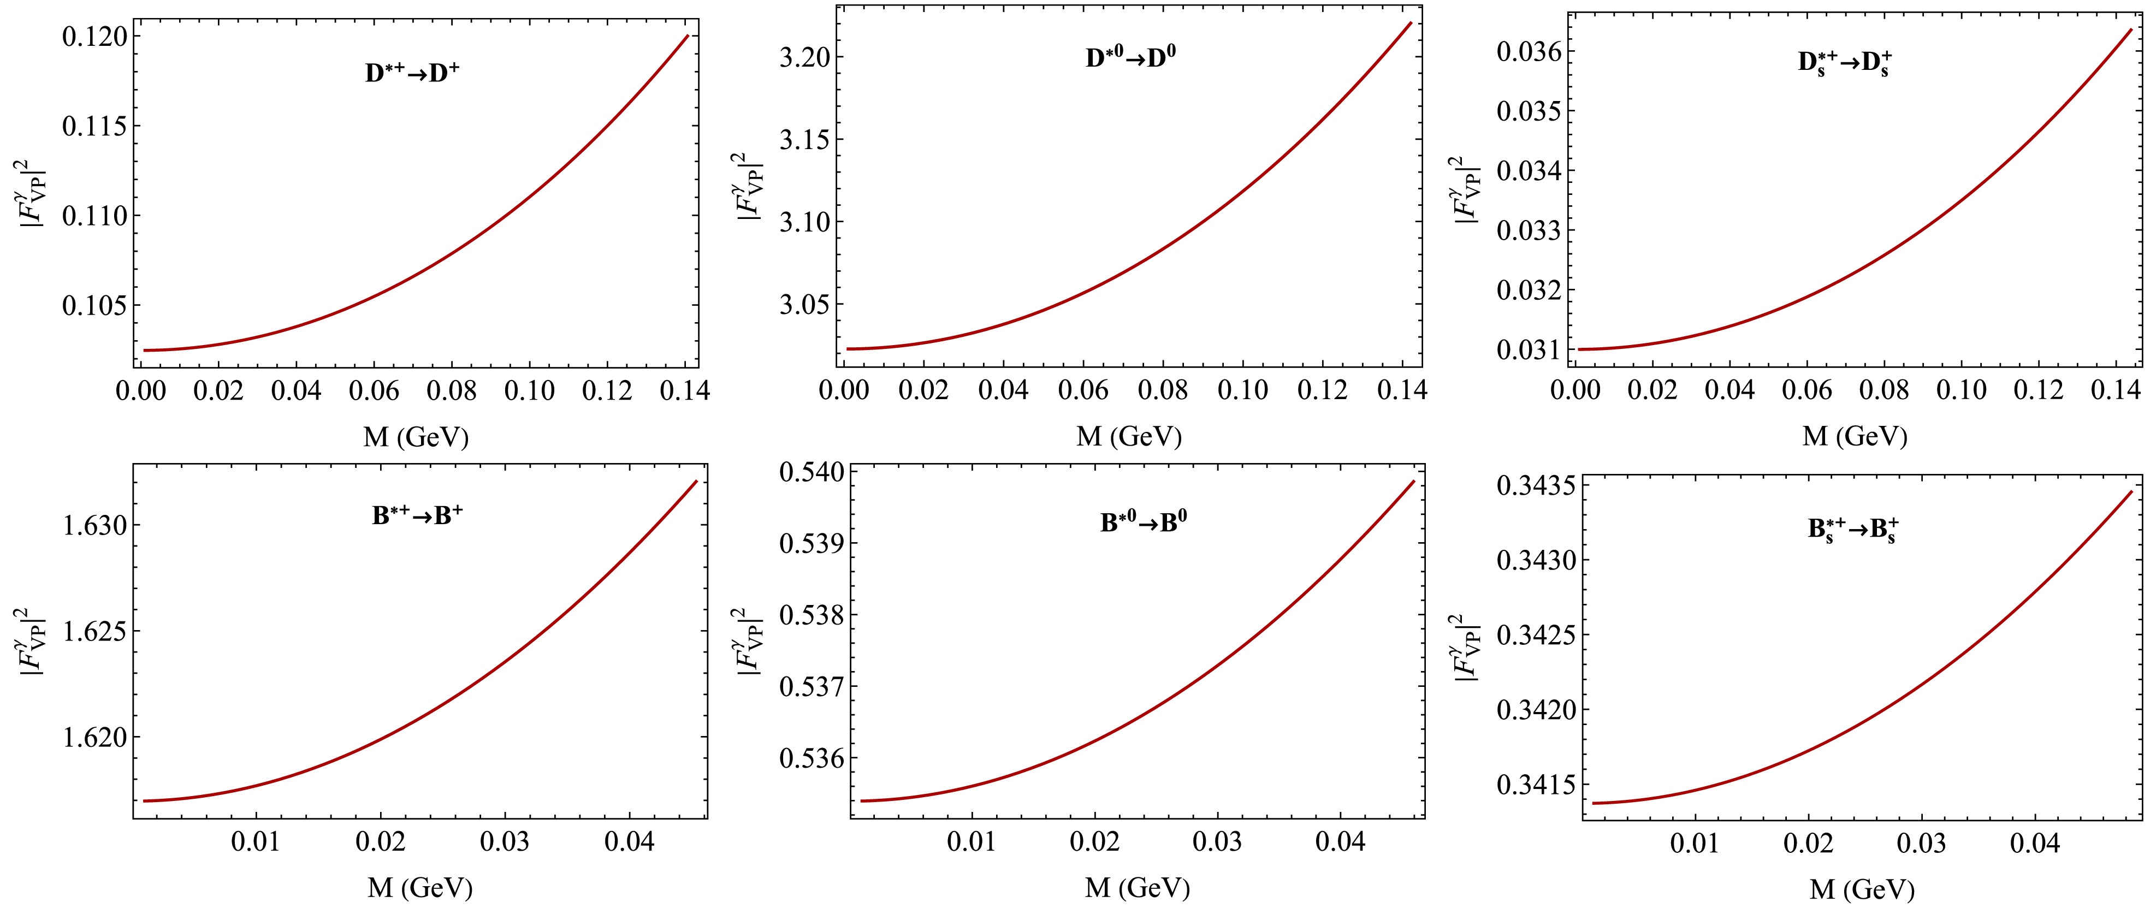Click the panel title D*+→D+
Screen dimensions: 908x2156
tap(412, 73)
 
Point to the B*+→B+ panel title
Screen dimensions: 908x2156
tap(417, 515)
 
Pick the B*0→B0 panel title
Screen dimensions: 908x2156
tap(1144, 522)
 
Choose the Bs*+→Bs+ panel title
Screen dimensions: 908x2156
tap(1853, 530)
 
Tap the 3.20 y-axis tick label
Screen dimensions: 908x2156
tap(804, 58)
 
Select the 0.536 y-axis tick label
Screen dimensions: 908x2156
tap(811, 759)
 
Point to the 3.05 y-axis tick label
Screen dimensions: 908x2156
tap(804, 304)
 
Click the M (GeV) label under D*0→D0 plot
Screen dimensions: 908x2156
tap(1128, 436)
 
